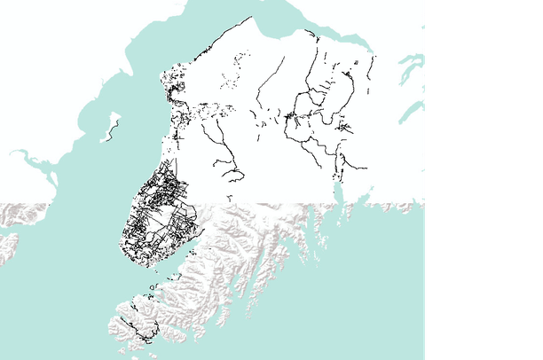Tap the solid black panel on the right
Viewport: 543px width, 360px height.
pos(484,177)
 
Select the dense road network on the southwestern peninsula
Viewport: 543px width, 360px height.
pos(158,213)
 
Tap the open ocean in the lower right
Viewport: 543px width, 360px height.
pos(355,310)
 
